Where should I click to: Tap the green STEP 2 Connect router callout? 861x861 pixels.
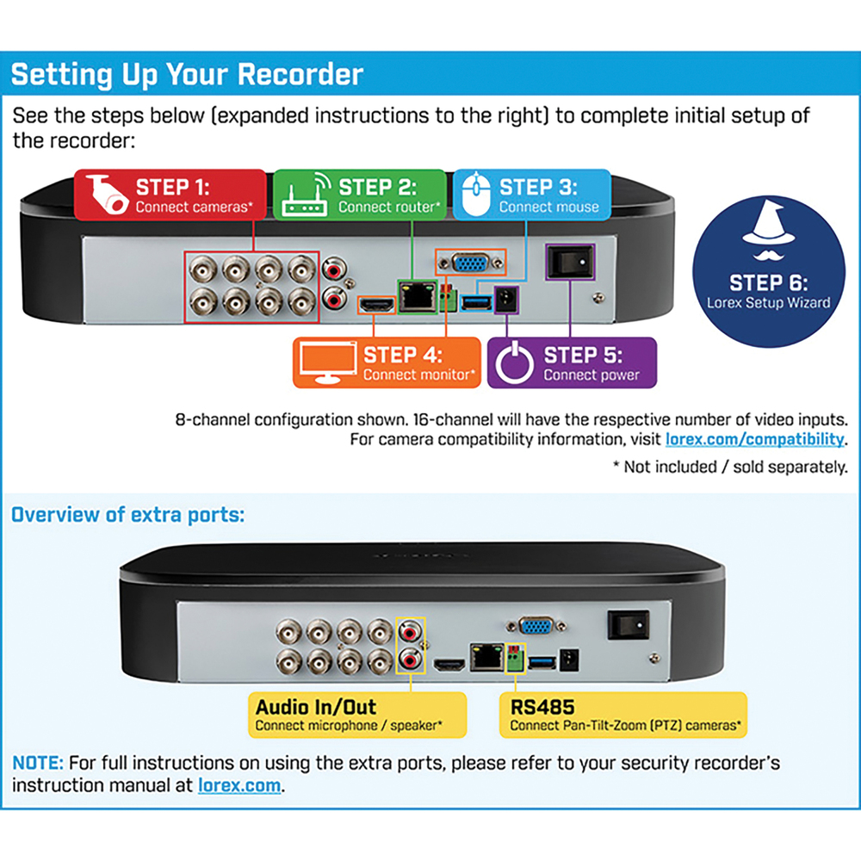coord(359,195)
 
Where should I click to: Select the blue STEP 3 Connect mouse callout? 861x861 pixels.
coord(532,195)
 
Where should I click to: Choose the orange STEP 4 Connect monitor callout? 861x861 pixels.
coord(387,362)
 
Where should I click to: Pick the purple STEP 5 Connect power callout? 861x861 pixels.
coord(572,362)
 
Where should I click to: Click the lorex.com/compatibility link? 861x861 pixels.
coord(755,439)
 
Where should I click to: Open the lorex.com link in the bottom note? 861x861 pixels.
coord(239,785)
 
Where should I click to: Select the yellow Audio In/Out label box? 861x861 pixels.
coord(356,715)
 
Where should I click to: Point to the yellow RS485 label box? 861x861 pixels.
coord(623,715)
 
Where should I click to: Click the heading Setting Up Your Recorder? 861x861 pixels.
coord(187,74)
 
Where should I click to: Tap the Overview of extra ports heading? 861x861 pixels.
coord(127,515)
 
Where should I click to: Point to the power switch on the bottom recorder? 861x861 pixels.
coord(628,624)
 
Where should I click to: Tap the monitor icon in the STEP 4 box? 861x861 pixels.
coord(327,362)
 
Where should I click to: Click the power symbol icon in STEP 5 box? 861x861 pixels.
coord(513,362)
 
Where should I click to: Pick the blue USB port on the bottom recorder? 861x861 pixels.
coord(541,661)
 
